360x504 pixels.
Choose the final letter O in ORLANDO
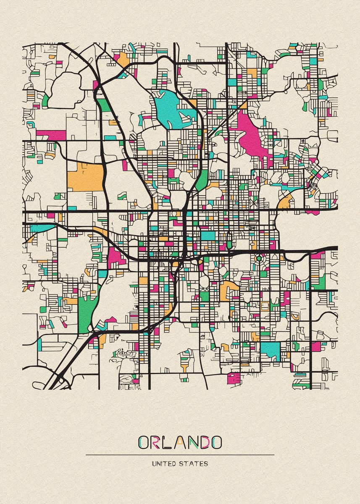[216, 442]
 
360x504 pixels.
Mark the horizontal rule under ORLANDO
[180, 454]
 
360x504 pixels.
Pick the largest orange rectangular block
[85, 176]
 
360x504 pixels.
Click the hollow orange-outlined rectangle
[265, 306]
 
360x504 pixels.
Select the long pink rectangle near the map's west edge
[51, 135]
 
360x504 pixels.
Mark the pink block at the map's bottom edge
[233, 378]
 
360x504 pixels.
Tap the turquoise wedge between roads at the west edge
[42, 228]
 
